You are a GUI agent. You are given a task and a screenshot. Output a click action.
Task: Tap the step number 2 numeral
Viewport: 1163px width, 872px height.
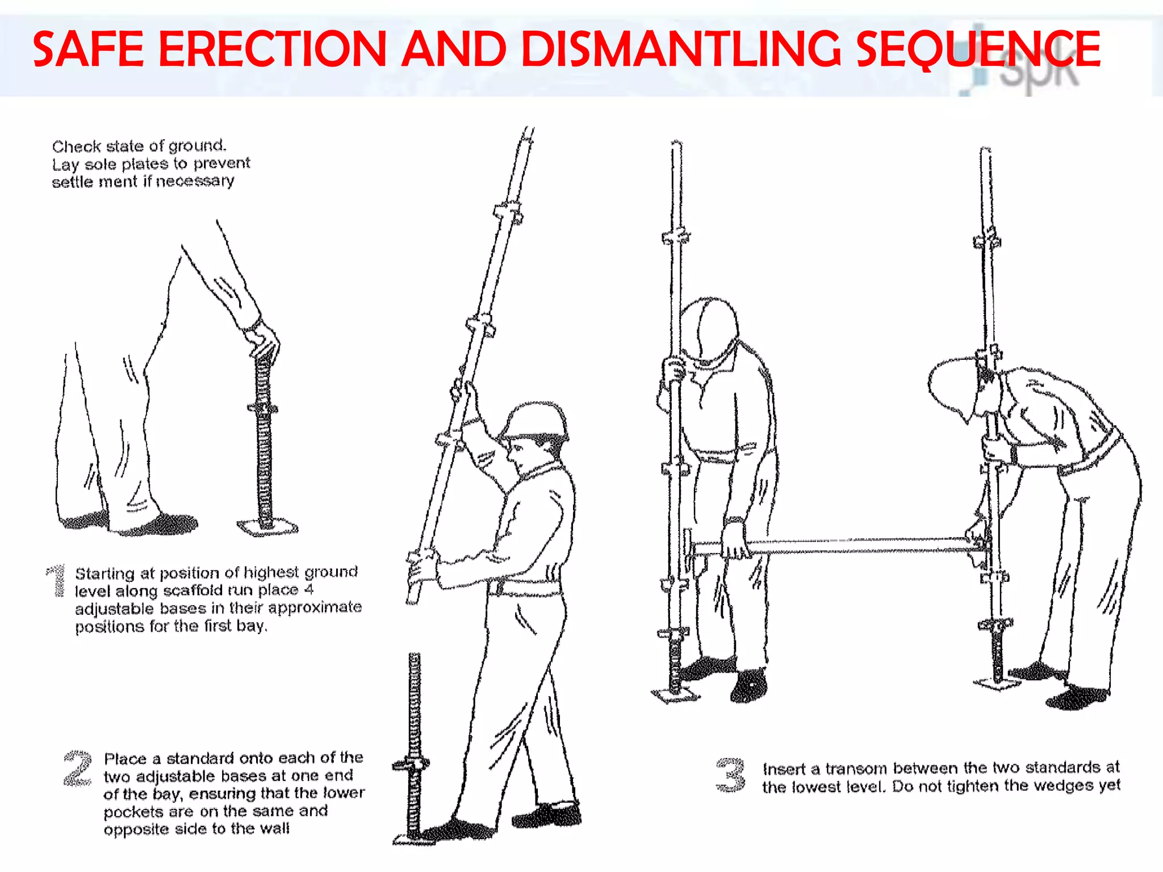click(78, 769)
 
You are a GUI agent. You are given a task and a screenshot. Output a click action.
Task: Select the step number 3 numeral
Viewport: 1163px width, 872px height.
click(730, 774)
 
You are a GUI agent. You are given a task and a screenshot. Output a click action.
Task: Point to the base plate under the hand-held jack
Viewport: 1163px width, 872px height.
click(267, 527)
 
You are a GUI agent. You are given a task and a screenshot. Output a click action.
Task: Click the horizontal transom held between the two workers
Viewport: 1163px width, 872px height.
click(852, 546)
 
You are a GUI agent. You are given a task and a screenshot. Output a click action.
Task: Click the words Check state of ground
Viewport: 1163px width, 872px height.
click(139, 146)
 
